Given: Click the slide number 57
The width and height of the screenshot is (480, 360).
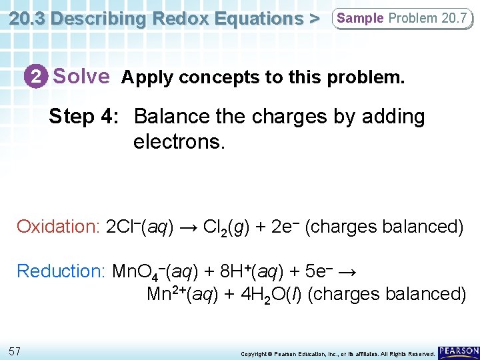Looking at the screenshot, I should pos(15,351).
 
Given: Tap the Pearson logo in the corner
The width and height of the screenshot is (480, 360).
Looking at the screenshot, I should pos(458,351).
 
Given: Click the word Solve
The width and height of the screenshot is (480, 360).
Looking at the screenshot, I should pos(81,77).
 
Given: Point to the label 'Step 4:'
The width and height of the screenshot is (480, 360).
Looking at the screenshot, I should pos(83,117).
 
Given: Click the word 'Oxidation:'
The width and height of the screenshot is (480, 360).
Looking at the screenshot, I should pos(58,227).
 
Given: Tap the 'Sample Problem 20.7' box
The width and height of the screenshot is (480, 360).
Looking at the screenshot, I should pos(402,19).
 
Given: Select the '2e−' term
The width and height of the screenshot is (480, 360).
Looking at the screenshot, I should pos(285,227).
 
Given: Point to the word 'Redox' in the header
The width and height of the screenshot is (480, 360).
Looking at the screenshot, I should pos(174,19).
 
